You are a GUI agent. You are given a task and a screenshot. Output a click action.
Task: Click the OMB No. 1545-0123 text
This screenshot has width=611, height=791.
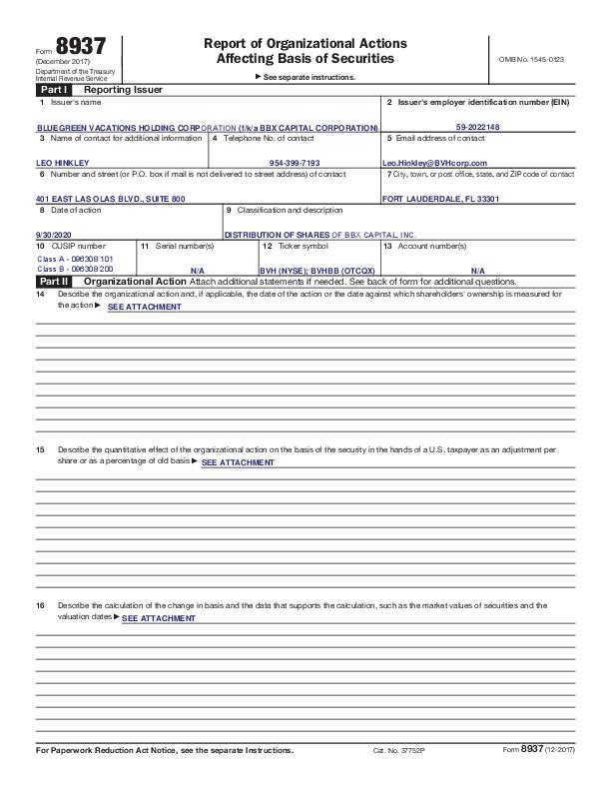coord(530,60)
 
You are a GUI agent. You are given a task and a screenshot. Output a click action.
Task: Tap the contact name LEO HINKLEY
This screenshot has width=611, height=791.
coord(62,163)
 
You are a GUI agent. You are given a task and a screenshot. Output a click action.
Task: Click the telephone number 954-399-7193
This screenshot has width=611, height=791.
coord(295,163)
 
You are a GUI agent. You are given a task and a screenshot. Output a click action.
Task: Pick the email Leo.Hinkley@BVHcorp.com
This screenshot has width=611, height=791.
coord(434,163)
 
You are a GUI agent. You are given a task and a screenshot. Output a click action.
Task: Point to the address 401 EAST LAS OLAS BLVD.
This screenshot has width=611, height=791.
coord(110,199)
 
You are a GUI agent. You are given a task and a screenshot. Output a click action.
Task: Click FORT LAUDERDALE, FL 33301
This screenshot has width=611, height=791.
coord(440,199)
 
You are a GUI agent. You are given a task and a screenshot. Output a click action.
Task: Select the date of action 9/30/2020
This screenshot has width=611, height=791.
coord(53,234)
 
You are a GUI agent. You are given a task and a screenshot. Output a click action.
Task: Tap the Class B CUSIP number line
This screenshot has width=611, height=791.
coord(75,269)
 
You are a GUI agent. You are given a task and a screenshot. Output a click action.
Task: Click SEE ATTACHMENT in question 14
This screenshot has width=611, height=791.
coord(144,307)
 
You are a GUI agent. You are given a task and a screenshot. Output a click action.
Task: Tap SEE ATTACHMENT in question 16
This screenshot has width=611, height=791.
coord(158,618)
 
